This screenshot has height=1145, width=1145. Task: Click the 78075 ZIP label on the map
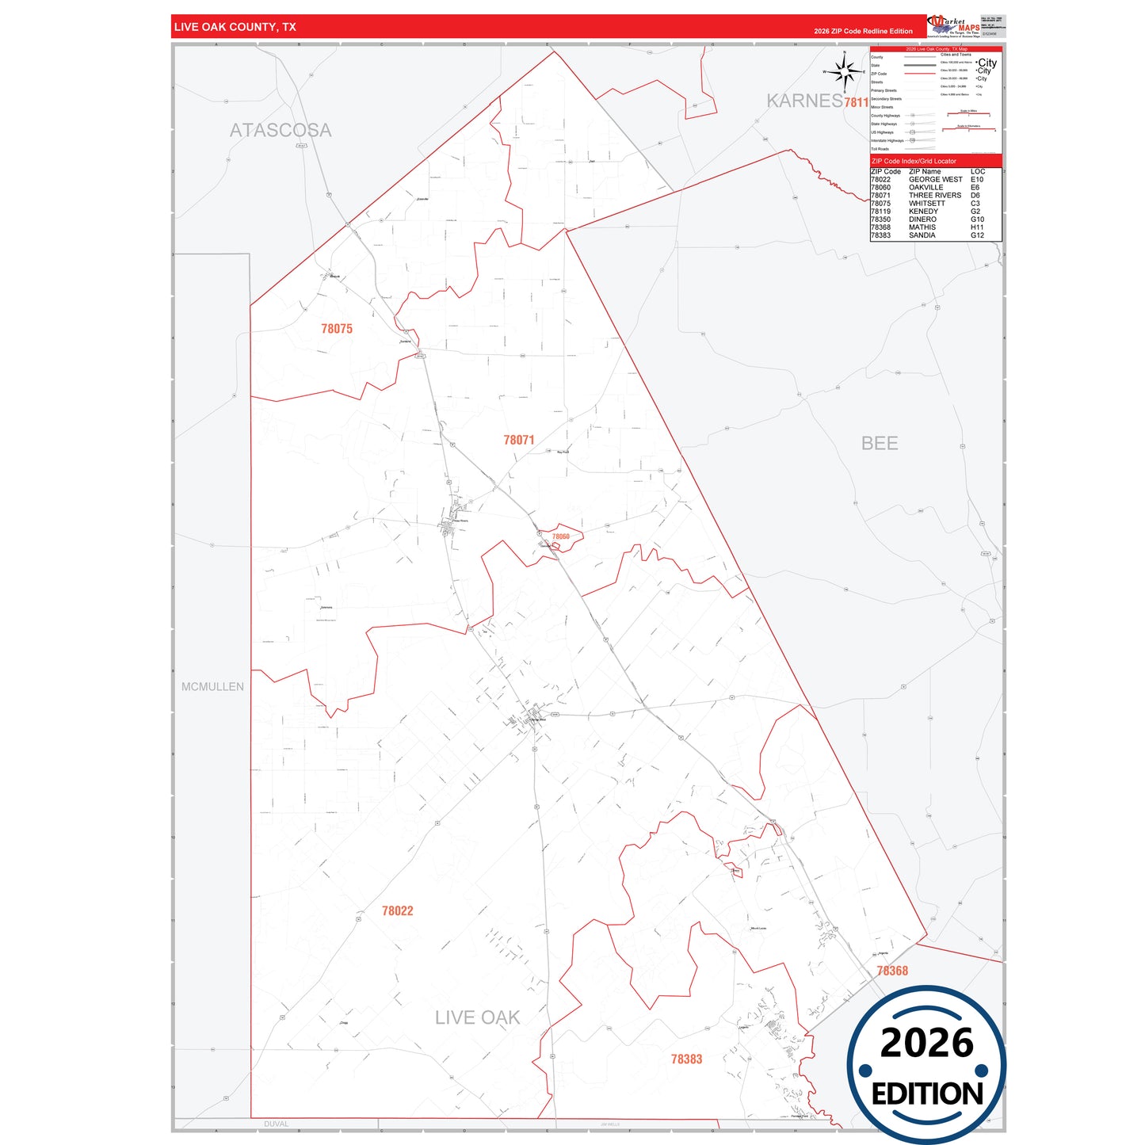[x=337, y=329]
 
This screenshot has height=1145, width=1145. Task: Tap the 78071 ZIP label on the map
[x=519, y=440]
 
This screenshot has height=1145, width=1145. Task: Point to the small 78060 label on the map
[x=561, y=536]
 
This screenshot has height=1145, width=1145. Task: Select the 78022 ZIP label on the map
[x=397, y=911]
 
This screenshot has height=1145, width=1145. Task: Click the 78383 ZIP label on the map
[x=686, y=1059]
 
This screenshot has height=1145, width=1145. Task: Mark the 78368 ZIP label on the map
[x=892, y=971]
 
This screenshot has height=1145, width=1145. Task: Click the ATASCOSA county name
[x=281, y=130]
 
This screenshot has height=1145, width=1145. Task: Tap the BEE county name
[x=880, y=443]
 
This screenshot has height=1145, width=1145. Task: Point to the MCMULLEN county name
[x=212, y=687]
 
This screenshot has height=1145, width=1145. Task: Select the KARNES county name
[x=804, y=101]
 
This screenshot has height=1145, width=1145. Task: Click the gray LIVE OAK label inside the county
[x=477, y=1017]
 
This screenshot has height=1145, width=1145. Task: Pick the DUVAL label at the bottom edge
[x=276, y=1124]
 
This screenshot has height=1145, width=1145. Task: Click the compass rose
[x=845, y=72]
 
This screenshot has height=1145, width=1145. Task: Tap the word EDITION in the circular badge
[x=927, y=1094]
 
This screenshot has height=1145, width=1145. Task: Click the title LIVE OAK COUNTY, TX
[x=235, y=27]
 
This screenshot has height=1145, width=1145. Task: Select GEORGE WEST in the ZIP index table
[x=935, y=180]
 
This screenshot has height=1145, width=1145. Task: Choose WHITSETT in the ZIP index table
[x=926, y=204]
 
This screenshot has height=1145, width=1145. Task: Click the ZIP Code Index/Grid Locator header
[x=914, y=161]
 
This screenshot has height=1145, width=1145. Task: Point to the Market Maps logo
[x=954, y=25]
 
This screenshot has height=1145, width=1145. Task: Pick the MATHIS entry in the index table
[x=922, y=227]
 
